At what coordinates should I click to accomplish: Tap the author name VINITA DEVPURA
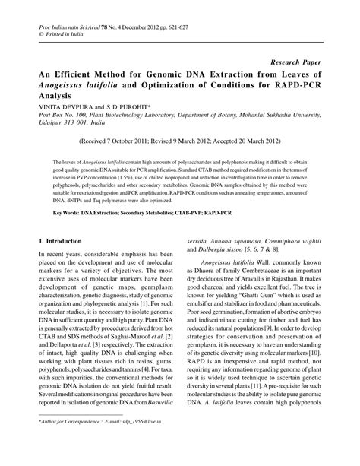point(63,108)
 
